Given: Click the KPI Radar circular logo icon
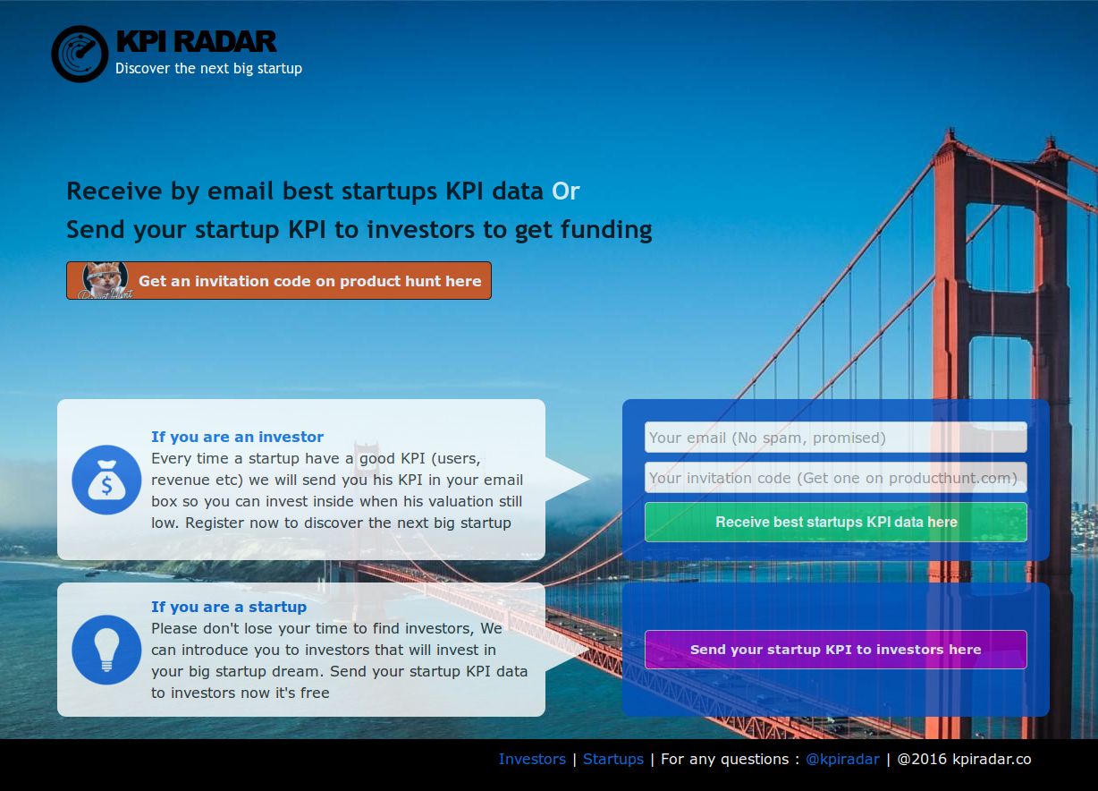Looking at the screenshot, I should [x=80, y=54].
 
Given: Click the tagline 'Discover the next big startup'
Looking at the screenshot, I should [x=208, y=68].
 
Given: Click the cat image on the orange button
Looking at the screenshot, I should [x=106, y=280].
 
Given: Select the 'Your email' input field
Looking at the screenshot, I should [x=835, y=438].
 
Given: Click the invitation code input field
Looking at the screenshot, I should [x=835, y=478].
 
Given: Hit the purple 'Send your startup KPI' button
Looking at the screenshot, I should [x=835, y=650].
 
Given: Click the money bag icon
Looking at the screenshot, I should [x=106, y=480].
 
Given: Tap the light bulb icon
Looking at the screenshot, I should [x=106, y=650].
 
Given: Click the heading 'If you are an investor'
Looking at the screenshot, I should [x=237, y=437].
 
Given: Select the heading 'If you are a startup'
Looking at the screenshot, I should [x=228, y=607].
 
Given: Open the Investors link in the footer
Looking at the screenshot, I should [x=532, y=759].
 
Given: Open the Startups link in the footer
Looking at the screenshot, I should [x=612, y=759].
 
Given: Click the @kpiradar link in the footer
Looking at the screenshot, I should [x=842, y=759].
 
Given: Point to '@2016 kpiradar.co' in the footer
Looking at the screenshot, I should [x=964, y=759].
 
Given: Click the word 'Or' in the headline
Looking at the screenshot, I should [x=566, y=191].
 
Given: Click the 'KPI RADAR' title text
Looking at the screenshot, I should [x=196, y=41].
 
